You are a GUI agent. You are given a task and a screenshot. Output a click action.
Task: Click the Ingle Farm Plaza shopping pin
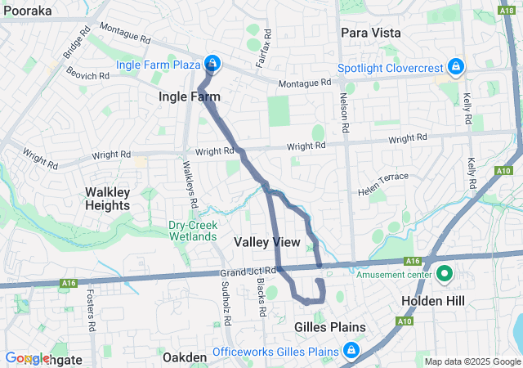tap(212, 63)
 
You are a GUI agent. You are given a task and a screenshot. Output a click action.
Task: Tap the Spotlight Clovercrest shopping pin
tap(456, 67)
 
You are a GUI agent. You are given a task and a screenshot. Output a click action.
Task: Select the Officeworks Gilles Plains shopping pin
tap(351, 351)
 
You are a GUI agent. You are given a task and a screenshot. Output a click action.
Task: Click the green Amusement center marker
tap(445, 274)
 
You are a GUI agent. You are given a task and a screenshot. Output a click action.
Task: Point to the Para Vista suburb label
tap(370, 33)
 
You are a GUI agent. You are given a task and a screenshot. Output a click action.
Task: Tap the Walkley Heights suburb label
tap(108, 199)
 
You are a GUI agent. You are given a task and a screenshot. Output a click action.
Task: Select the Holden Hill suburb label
tap(433, 302)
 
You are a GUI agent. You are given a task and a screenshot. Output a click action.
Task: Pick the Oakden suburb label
tap(185, 357)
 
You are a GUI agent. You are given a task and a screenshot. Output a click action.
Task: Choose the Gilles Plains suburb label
tap(329, 326)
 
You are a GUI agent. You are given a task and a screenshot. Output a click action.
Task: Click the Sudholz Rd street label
tap(226, 298)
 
